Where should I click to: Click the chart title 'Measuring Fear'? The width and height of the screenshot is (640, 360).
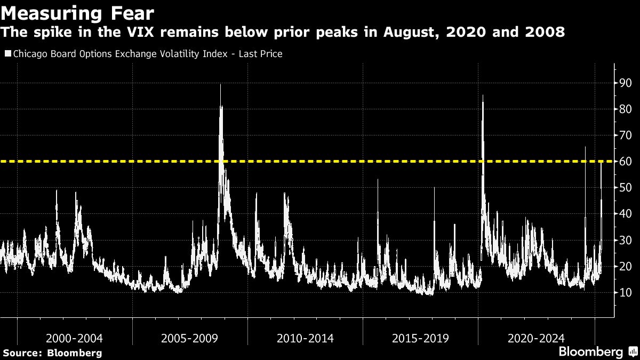[70, 12]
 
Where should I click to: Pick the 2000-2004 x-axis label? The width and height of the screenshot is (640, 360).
[74, 338]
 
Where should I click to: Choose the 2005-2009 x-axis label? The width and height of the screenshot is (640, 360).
[189, 338]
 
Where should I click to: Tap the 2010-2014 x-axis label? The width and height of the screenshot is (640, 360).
[305, 338]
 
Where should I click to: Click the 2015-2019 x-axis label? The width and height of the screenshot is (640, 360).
[420, 338]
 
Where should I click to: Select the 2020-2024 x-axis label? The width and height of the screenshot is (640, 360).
[536, 338]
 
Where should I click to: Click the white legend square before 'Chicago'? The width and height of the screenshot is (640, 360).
[7, 54]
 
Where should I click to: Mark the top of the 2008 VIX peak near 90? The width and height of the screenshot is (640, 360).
[220, 85]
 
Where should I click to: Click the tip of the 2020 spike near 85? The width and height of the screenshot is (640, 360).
[483, 95]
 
